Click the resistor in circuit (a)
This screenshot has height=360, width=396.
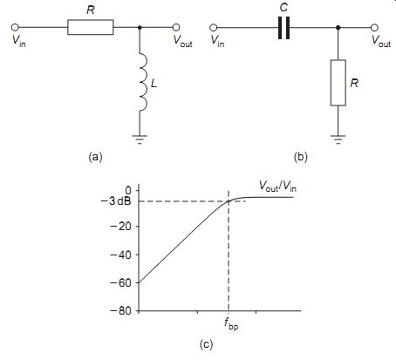pyautogui.click(x=91, y=27)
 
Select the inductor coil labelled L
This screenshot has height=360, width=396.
pyautogui.click(x=144, y=82)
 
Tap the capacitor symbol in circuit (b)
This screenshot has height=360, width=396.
pyautogui.click(x=283, y=28)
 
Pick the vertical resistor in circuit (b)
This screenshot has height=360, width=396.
pyautogui.click(x=338, y=83)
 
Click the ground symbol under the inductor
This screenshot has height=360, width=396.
pyautogui.click(x=140, y=139)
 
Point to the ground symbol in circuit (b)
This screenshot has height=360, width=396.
pyautogui.click(x=338, y=139)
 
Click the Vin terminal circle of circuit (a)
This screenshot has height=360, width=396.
pyautogui.click(x=15, y=27)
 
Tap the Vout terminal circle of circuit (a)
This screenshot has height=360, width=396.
pyautogui.click(x=176, y=27)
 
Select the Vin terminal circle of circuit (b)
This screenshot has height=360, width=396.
pyautogui.click(x=214, y=28)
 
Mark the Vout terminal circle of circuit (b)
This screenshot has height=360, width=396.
pyautogui.click(x=374, y=28)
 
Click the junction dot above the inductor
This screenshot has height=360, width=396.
pyautogui.click(x=140, y=27)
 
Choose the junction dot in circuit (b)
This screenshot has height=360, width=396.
pyautogui.click(x=338, y=28)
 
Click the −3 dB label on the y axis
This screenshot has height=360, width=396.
pyautogui.click(x=115, y=201)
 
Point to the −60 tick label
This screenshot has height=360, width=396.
pyautogui.click(x=120, y=282)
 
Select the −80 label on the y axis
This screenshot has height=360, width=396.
pyautogui.click(x=120, y=311)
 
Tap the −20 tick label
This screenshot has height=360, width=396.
pyautogui.click(x=120, y=226)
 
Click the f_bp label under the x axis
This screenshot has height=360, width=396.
pyautogui.click(x=231, y=324)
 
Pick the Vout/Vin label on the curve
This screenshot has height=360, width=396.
pyautogui.click(x=277, y=186)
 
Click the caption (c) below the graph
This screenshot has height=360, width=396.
pyautogui.click(x=206, y=344)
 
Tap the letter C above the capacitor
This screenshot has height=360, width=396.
pyautogui.click(x=283, y=7)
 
